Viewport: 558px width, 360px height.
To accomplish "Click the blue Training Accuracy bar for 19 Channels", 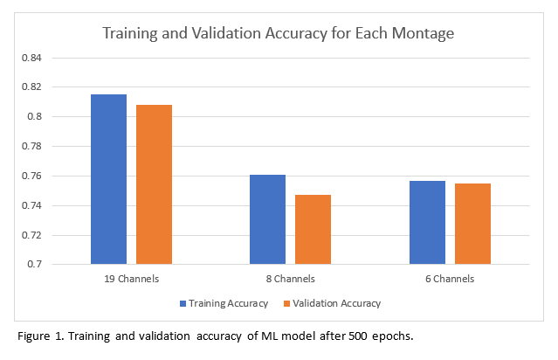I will pyautogui.click(x=108, y=179).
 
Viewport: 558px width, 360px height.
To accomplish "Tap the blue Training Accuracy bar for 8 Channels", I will pyautogui.click(x=267, y=219).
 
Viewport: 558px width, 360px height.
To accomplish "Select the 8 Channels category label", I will pyautogui.click(x=290, y=279).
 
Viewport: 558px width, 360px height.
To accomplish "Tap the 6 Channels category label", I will pyautogui.click(x=450, y=279).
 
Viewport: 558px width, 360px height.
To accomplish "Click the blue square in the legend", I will pyautogui.click(x=183, y=303).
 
